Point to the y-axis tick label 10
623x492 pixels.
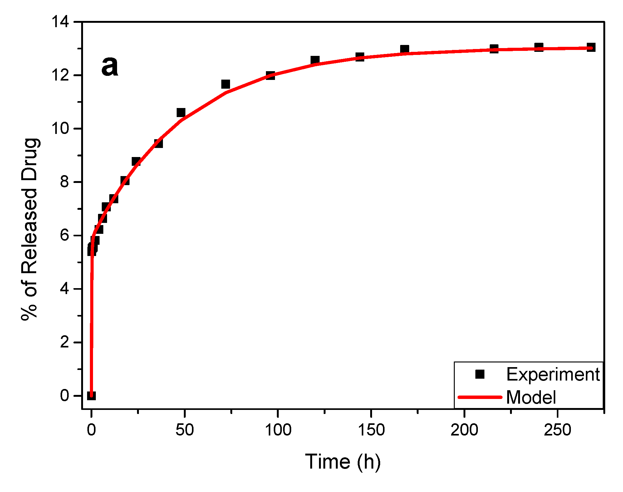pos(60,129)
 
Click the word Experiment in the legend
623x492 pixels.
pos(553,374)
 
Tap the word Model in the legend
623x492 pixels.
pos(531,397)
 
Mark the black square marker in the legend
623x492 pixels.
pos(480,374)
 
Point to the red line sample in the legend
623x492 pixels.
pos(480,397)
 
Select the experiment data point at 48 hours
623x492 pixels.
pos(181,113)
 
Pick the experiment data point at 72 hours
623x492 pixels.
pos(226,84)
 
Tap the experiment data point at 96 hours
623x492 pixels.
pos(270,75)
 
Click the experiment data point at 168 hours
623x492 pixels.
pos(405,49)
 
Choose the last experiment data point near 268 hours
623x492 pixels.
pos(591,47)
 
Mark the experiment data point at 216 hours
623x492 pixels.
pos(494,49)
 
